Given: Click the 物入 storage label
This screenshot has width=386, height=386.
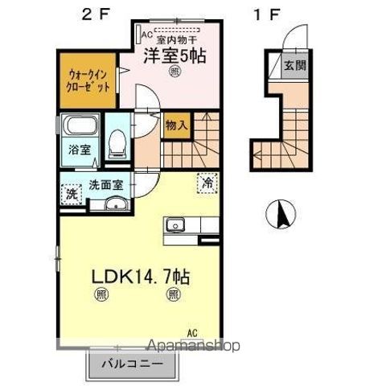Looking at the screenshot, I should [176, 125].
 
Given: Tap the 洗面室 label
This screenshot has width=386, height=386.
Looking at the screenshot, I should [105, 184].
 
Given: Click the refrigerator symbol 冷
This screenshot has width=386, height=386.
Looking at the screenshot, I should [207, 183].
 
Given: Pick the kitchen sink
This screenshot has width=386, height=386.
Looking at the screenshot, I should [176, 226].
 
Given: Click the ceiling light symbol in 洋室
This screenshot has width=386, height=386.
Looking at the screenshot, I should [175, 72].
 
